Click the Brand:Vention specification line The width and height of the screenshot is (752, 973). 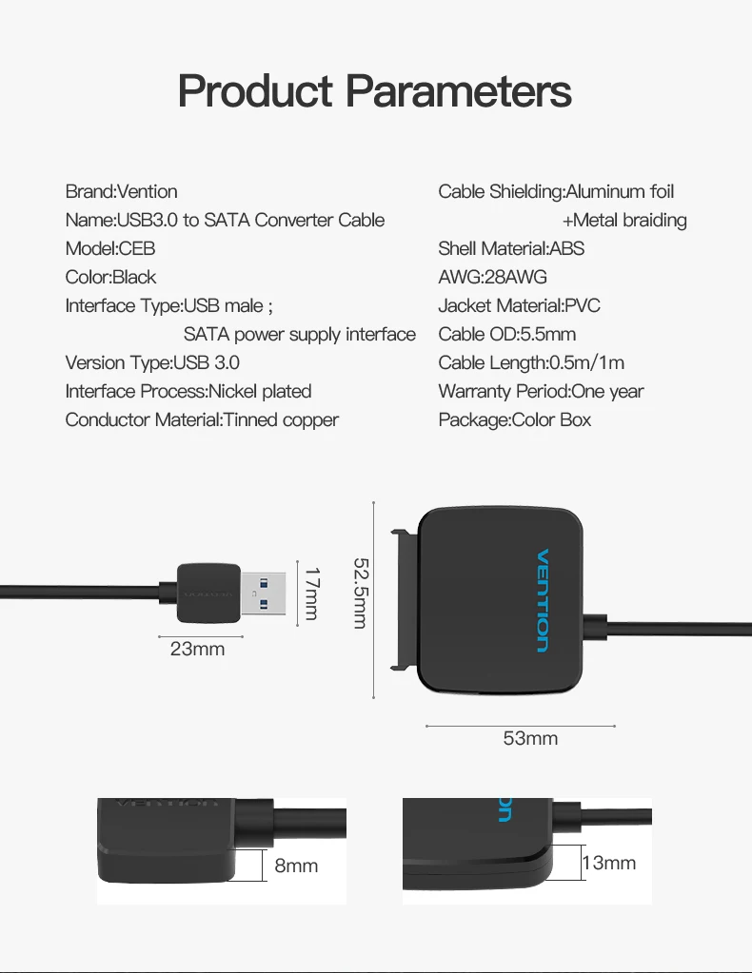click(x=121, y=191)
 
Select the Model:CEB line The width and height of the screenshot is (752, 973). click(x=109, y=248)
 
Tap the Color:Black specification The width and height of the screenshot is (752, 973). click(x=110, y=277)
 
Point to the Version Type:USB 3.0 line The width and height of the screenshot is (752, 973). click(x=152, y=362)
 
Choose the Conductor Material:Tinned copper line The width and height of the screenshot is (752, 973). click(x=202, y=420)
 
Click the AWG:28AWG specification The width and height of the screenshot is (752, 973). click(x=492, y=277)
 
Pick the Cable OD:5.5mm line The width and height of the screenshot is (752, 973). click(x=506, y=334)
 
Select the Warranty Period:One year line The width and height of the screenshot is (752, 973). click(x=541, y=392)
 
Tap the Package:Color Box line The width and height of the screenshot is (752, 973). click(x=514, y=420)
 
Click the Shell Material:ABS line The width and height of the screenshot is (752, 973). click(x=511, y=248)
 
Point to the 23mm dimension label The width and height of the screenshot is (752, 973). click(x=197, y=649)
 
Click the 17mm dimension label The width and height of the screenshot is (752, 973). click(x=311, y=594)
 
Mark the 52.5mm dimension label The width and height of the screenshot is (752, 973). click(x=361, y=594)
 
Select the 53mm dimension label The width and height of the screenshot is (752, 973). click(x=530, y=738)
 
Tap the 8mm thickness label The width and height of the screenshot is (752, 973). click(x=296, y=866)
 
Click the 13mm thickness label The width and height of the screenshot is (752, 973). click(x=608, y=863)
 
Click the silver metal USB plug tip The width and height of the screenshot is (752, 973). click(x=264, y=594)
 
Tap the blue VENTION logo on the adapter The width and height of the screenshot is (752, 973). click(x=543, y=600)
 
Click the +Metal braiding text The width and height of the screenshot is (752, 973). click(x=624, y=221)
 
